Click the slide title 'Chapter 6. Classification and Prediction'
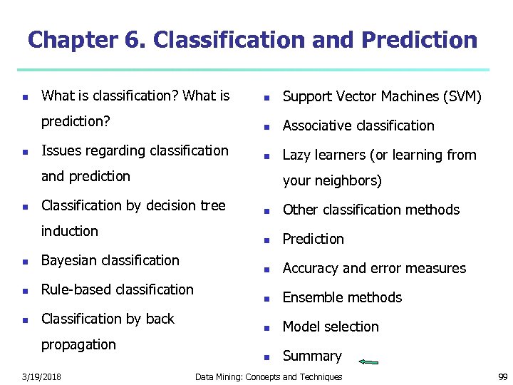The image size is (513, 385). (x=252, y=40)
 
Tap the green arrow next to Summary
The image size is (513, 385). (x=368, y=362)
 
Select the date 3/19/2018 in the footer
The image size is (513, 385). (x=41, y=376)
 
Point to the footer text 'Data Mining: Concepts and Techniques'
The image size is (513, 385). (x=269, y=376)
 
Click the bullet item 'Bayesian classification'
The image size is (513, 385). (x=110, y=260)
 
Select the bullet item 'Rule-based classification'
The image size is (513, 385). (x=118, y=289)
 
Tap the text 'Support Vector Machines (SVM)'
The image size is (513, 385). (x=382, y=96)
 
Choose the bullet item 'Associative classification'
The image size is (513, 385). (x=358, y=125)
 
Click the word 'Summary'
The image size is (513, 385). (x=312, y=356)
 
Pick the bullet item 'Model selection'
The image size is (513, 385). (x=331, y=327)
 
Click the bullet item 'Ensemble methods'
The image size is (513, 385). (x=342, y=297)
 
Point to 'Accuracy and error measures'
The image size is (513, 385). (x=374, y=268)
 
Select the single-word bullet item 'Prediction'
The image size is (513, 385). (x=313, y=239)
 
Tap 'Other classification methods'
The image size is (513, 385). (x=371, y=210)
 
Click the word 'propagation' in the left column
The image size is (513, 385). (x=78, y=344)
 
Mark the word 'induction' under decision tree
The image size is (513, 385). (x=70, y=231)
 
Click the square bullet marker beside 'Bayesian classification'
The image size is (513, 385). (x=25, y=262)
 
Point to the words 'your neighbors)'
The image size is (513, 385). (x=332, y=180)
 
